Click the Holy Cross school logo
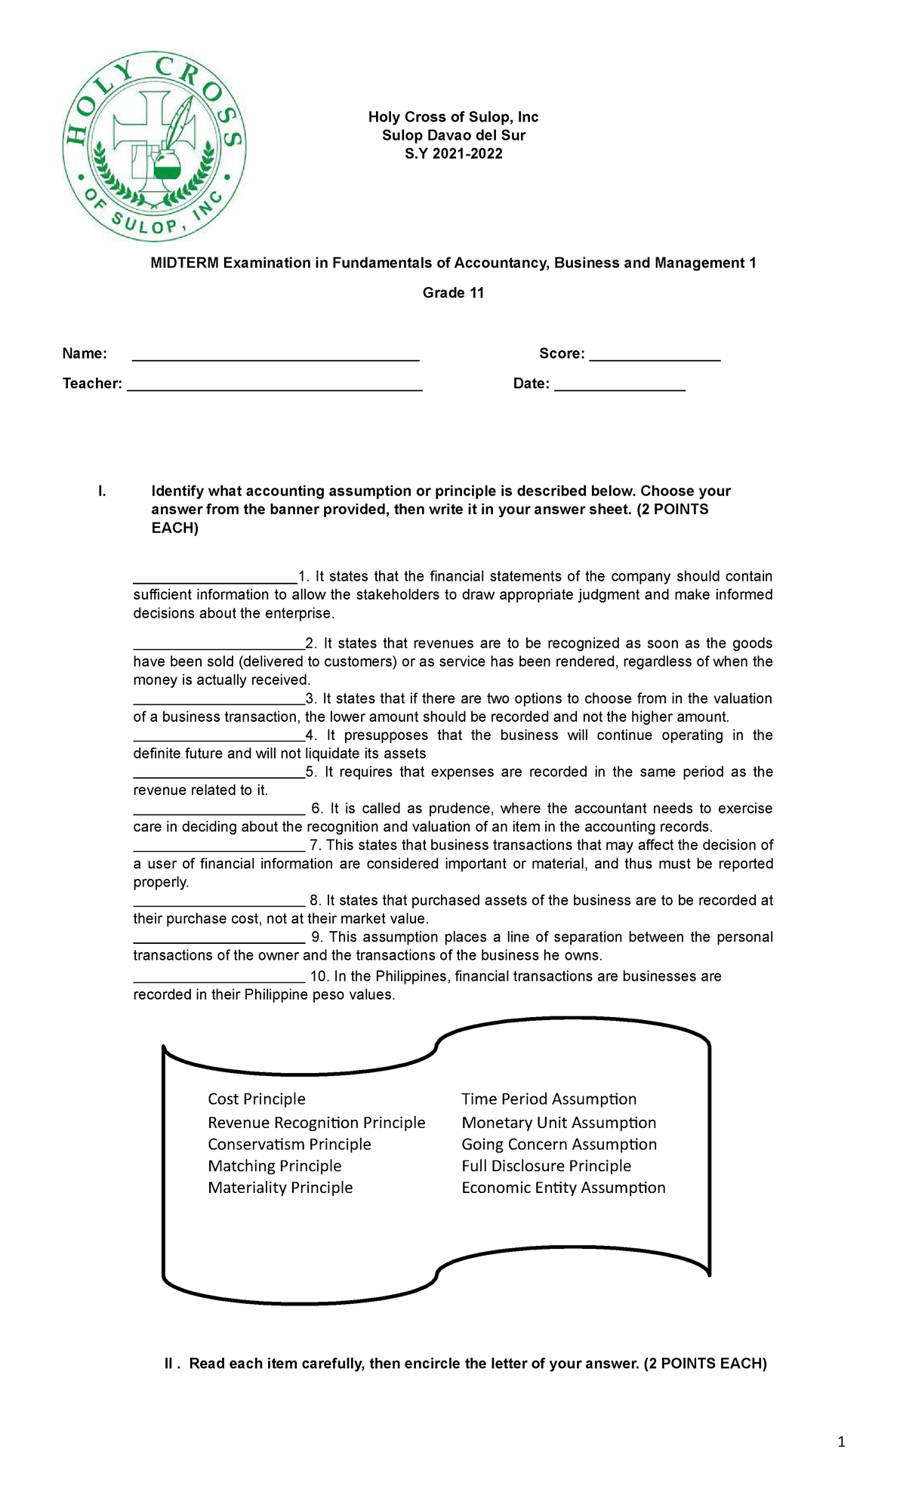point(154,147)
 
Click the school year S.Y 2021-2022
point(453,154)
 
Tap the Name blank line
point(276,355)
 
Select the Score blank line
point(655,355)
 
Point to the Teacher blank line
point(274,384)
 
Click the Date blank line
point(619,384)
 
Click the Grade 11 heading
point(453,293)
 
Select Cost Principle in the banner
point(257,1099)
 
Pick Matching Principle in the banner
point(275,1167)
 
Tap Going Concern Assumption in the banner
point(559,1145)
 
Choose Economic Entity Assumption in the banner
point(563,1188)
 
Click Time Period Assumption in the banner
point(549,1099)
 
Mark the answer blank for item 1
point(215,578)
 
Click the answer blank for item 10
point(219,979)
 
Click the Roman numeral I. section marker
point(102,492)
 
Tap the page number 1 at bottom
point(841,1443)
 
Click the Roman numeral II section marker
point(171,1364)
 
